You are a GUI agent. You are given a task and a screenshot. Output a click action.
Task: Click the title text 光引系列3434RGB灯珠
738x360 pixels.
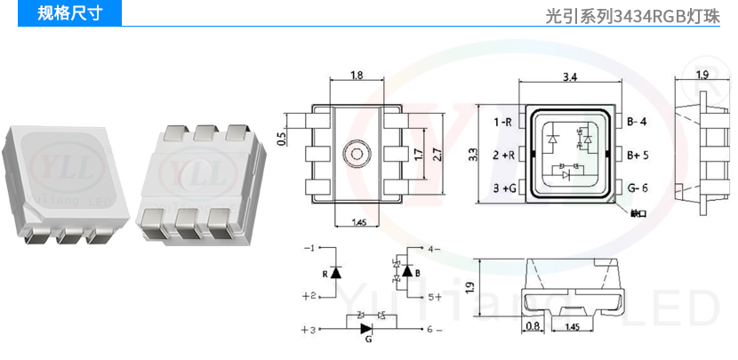point(634,15)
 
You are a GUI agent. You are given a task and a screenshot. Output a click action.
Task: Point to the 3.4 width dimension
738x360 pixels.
point(570,77)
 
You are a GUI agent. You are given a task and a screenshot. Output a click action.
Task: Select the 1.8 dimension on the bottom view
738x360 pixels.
point(356,76)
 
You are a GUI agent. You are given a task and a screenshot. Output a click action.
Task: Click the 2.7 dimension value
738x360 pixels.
point(436,154)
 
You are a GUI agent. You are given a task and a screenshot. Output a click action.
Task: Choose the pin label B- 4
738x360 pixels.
point(637,121)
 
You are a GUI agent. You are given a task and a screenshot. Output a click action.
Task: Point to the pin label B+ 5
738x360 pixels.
point(638,154)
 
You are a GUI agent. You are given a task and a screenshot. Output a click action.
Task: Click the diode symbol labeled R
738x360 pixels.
point(335,272)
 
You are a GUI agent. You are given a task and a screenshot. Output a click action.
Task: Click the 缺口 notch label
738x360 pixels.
point(637,213)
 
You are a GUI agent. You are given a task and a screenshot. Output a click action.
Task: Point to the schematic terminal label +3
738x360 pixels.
point(308,331)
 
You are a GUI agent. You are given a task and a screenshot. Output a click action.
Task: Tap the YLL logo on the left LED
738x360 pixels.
point(55,166)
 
